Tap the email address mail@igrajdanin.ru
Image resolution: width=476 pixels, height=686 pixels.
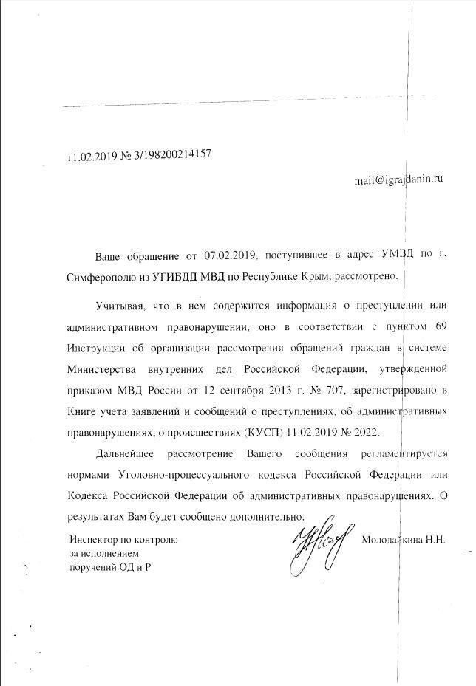pos(398,179)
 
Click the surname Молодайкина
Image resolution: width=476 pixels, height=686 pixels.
pos(392,540)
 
